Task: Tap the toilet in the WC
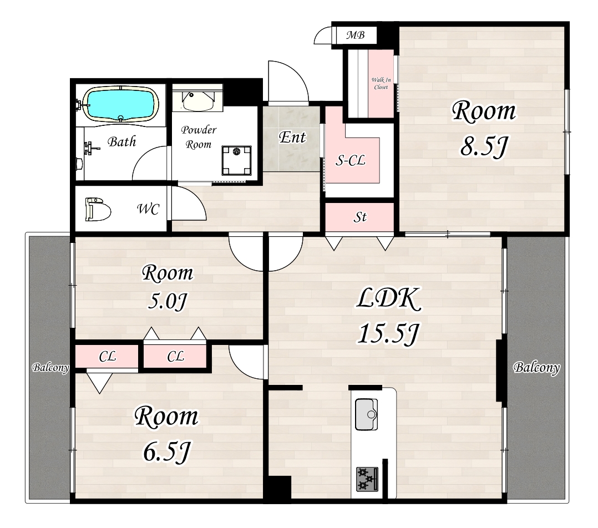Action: coord(98,209)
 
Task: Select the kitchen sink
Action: coord(367,414)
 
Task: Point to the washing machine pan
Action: coord(236,160)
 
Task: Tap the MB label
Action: coord(356,35)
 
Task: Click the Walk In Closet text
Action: coord(381,84)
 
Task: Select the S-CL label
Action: coord(350,160)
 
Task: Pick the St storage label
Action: coord(360,217)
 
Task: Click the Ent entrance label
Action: coord(292,138)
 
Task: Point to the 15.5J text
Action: coord(388,333)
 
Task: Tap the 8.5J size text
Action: coord(484,146)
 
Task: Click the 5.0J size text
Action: coord(167,302)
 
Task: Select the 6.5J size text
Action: coord(166,451)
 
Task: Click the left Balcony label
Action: coord(50,368)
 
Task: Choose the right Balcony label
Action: coord(536,367)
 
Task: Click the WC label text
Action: coord(148,209)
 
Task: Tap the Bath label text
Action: coord(122,142)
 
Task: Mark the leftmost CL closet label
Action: coord(107,357)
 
